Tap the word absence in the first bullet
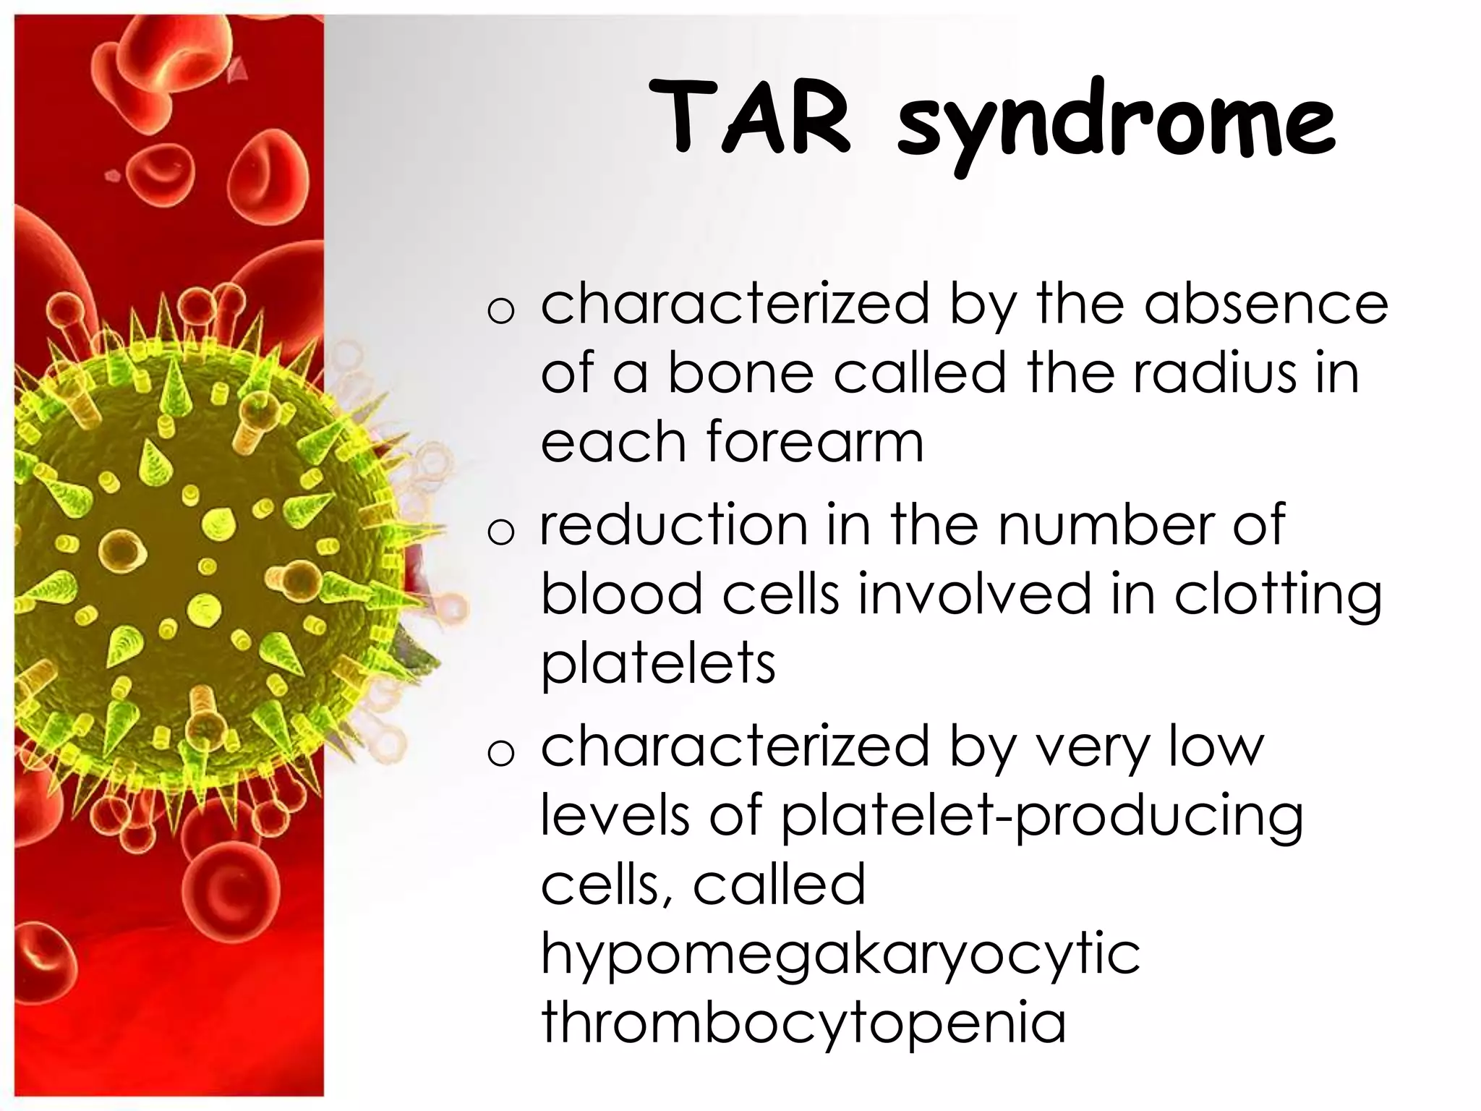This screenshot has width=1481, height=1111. click(x=1266, y=305)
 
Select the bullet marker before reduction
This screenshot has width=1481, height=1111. click(x=501, y=532)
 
